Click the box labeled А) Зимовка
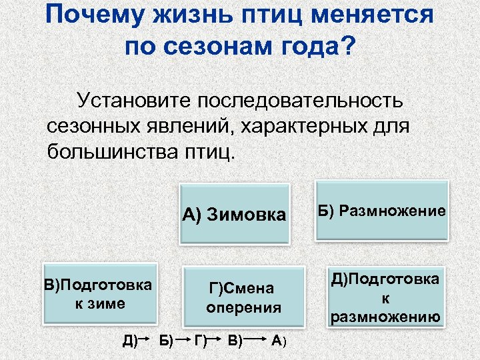pos(233,213)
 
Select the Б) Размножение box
pos(381,211)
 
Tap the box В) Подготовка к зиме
pos(98,294)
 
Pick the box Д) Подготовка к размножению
pos(385,297)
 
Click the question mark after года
pos(348,46)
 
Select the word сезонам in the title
pos(217,46)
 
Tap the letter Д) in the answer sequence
pos(131,341)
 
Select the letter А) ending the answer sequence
pos(280,341)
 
